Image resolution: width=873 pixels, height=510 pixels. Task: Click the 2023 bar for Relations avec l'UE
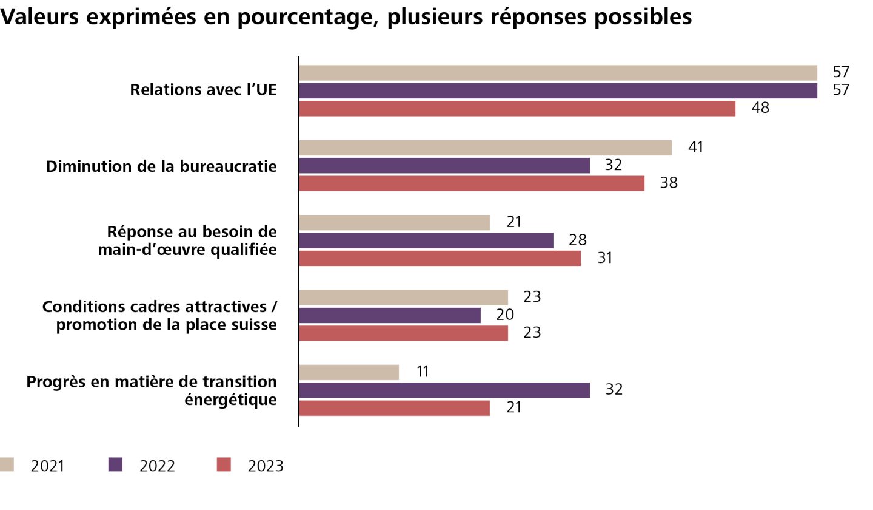[517, 109]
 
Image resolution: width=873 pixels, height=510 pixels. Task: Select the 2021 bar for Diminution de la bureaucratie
[485, 148]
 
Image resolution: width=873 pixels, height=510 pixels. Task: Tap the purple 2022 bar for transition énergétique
[444, 390]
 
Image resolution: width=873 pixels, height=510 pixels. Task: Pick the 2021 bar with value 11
[349, 372]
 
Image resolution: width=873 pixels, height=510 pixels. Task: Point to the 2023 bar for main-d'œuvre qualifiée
[440, 259]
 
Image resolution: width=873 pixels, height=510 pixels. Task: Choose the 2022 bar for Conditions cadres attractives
[390, 316]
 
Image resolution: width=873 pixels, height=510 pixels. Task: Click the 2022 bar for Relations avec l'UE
[558, 90]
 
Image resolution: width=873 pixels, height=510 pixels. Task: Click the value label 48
[760, 109]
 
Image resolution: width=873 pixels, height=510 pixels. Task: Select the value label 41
[695, 148]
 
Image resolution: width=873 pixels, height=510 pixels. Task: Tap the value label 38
[668, 183]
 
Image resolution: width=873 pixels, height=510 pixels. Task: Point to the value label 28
[578, 240]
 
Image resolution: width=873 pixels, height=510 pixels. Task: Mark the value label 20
[505, 315]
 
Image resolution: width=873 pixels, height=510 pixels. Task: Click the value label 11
[423, 372]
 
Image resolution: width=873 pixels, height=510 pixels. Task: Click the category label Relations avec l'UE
[203, 90]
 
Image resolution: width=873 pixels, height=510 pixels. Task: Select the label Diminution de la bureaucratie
[161, 166]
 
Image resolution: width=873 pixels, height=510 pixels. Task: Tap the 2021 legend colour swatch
[7, 465]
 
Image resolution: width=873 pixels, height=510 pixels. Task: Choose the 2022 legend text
[157, 466]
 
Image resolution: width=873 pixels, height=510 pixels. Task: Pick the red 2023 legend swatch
[224, 465]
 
